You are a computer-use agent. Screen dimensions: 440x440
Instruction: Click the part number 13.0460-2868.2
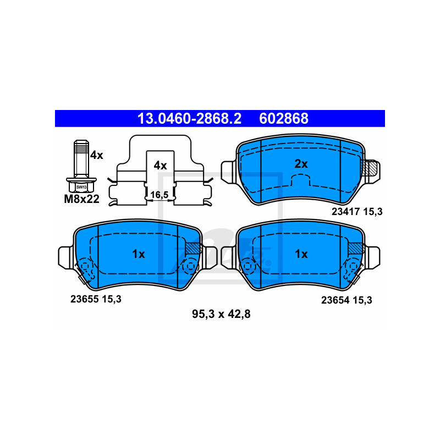tap(189, 118)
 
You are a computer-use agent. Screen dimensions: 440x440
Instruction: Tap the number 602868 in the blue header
tap(284, 118)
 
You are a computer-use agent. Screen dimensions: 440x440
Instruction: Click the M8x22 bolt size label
tap(81, 199)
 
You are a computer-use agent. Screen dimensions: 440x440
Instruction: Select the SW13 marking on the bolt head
tap(81, 187)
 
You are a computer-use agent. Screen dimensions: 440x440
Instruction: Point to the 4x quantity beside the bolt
tap(97, 155)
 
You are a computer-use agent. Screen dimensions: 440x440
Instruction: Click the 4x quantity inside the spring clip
tap(160, 166)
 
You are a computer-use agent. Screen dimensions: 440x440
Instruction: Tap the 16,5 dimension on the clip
tap(159, 195)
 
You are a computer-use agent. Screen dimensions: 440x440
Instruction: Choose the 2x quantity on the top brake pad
tap(301, 164)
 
